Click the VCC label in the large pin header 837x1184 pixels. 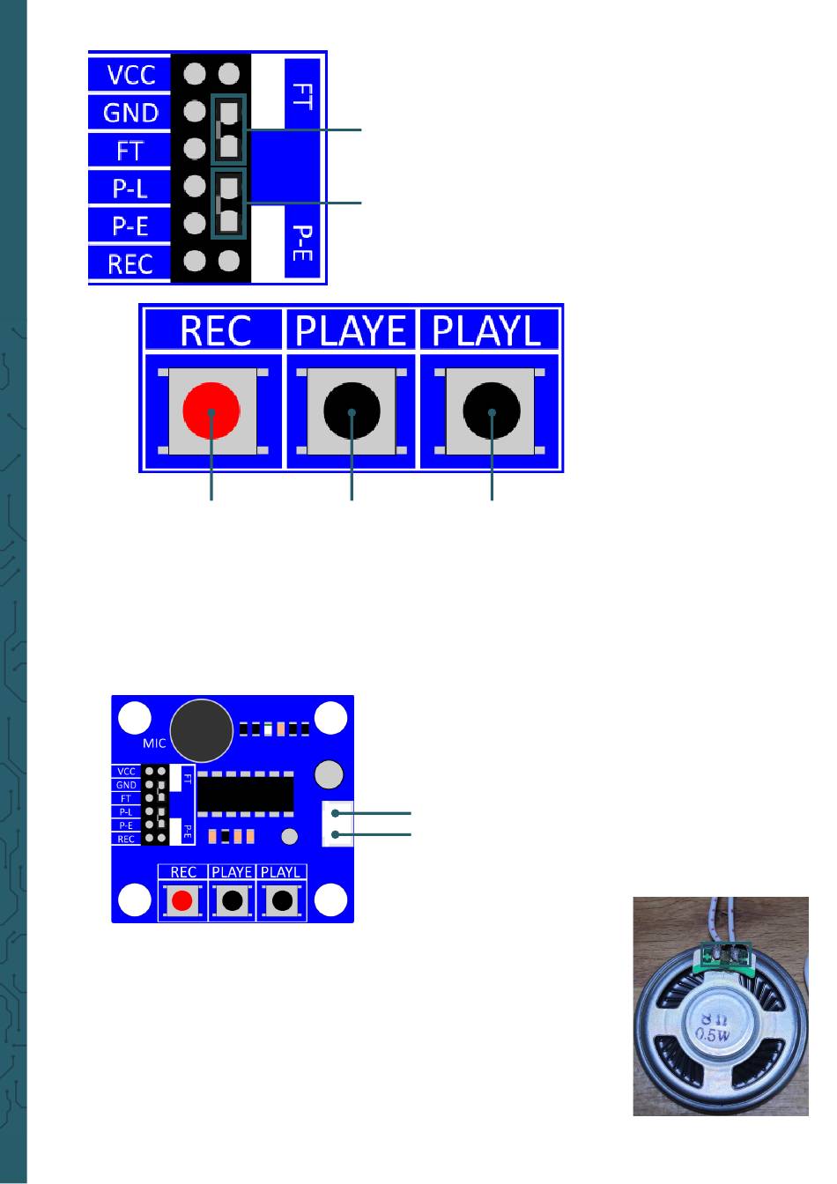[x=130, y=74]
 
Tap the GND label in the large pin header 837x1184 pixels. [x=130, y=113]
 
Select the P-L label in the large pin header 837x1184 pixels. [x=130, y=189]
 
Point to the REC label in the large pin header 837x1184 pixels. [x=130, y=263]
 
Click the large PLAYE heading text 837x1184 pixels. [x=352, y=329]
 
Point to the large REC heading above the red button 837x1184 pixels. [x=215, y=329]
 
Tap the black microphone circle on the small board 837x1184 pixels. [x=202, y=730]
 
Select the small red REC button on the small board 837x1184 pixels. [x=182, y=900]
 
